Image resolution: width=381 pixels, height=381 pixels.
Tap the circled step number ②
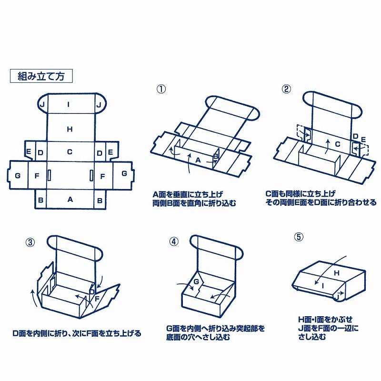click(x=286, y=89)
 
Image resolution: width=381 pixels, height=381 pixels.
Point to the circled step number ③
click(x=30, y=241)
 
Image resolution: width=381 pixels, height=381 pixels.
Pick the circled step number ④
click(x=174, y=241)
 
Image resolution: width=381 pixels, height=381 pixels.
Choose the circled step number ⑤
click(x=299, y=237)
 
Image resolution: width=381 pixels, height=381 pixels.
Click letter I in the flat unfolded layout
click(x=70, y=104)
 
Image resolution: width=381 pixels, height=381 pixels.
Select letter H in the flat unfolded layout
click(x=70, y=129)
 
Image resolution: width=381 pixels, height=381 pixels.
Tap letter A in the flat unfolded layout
click(x=70, y=200)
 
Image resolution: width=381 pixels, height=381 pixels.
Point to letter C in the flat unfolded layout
click(x=70, y=152)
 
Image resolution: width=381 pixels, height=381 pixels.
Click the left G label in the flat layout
click(x=18, y=175)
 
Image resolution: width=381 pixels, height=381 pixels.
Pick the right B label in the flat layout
click(x=100, y=201)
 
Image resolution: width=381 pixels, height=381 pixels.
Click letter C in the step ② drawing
click(x=337, y=143)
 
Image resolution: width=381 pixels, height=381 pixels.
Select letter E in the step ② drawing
click(x=363, y=140)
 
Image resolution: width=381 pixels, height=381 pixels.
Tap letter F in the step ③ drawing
click(x=98, y=299)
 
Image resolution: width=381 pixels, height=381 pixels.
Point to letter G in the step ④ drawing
click(x=195, y=282)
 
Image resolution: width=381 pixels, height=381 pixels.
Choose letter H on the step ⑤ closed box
click(x=336, y=273)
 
